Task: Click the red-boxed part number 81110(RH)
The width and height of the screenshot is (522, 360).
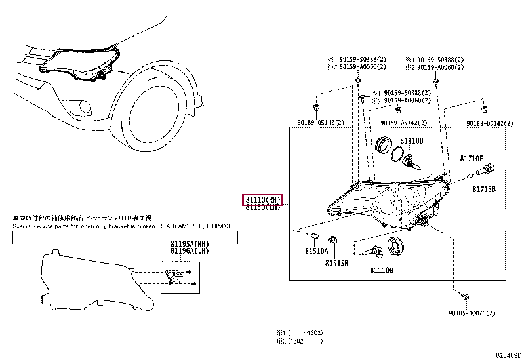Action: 262,199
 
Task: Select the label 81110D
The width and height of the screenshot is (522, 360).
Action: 412,141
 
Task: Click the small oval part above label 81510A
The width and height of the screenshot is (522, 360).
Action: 313,235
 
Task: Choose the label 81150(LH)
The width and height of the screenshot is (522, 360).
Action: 262,207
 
